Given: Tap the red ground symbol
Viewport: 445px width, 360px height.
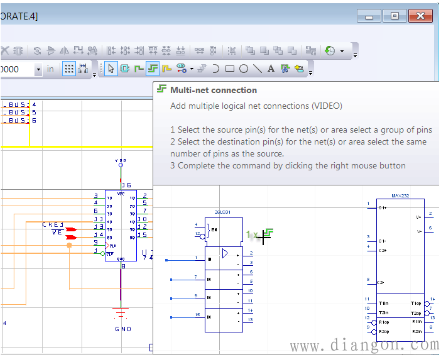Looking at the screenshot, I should pos(122,310).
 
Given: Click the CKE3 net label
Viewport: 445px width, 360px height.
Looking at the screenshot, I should pos(53,225).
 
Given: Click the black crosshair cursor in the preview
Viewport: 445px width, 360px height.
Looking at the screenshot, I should pos(264,236).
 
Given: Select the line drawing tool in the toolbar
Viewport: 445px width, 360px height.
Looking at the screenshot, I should pos(258,69).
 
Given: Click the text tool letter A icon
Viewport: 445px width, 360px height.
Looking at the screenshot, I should pos(271,69).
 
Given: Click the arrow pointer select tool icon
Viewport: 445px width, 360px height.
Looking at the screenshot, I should pos(111,69).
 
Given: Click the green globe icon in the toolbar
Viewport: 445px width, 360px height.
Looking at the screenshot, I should pos(332,49).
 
